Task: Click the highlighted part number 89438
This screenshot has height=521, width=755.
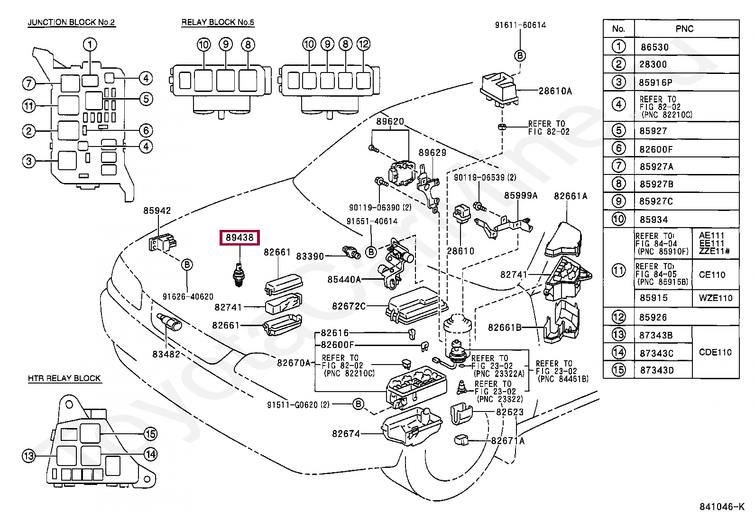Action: (x=239, y=238)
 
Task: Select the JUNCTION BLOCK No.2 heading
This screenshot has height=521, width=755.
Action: (x=72, y=23)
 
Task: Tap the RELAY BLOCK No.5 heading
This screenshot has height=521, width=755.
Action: (x=218, y=23)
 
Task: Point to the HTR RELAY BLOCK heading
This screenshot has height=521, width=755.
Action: (x=64, y=378)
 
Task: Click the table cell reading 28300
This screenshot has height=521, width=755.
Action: (x=653, y=64)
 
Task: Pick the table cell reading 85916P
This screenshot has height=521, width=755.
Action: (x=655, y=82)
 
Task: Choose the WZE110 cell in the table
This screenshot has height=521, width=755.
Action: (x=716, y=298)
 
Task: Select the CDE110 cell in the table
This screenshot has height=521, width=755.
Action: (x=715, y=353)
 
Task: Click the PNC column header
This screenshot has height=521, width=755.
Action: (x=684, y=29)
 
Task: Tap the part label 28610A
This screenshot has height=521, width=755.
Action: (x=555, y=91)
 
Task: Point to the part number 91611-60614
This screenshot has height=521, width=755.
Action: (x=520, y=25)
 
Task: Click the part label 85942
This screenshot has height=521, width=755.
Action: (x=157, y=210)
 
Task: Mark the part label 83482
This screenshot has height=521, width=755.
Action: (x=166, y=354)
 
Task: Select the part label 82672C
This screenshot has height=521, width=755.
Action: (x=349, y=306)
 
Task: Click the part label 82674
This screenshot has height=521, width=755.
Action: (x=346, y=434)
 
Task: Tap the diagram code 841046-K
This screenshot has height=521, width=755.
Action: (x=722, y=507)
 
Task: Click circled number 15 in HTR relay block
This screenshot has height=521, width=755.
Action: (x=150, y=434)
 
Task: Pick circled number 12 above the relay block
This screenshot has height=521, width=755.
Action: (x=363, y=44)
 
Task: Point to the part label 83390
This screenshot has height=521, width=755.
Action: (x=310, y=257)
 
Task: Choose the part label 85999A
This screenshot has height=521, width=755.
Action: (x=521, y=196)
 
